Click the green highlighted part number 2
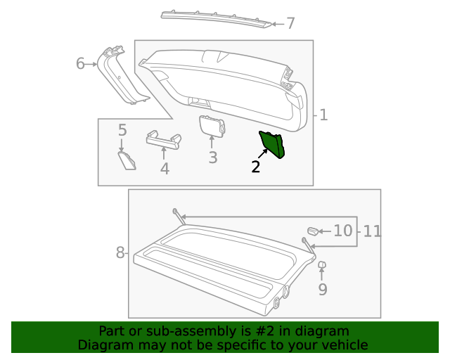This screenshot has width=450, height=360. tap(272, 143)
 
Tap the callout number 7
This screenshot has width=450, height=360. tap(290, 24)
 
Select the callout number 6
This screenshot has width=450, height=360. tap(80, 65)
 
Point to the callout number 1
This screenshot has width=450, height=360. tap(323, 115)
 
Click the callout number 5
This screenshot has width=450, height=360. tap(122, 130)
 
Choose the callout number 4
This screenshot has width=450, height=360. tap(165, 169)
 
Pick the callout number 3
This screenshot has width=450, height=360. tap(213, 157)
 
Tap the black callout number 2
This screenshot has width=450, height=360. tap(256, 167)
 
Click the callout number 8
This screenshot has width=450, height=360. tap(120, 252)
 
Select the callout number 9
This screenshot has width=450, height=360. tap(323, 289)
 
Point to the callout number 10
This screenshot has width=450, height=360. tap(342, 231)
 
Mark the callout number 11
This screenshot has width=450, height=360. tap(372, 231)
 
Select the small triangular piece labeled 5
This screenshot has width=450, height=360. tap(127, 160)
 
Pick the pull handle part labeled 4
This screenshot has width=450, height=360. tap(163, 139)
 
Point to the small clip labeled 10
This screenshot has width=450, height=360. tap(313, 230)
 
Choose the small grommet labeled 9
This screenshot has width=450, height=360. tap(322, 265)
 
